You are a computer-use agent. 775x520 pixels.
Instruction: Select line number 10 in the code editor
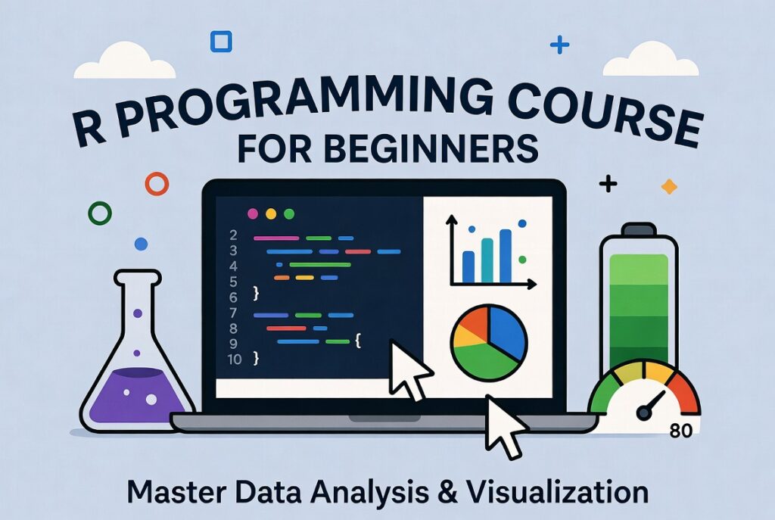click(x=234, y=359)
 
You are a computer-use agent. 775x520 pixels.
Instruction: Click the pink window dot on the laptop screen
click(x=253, y=213)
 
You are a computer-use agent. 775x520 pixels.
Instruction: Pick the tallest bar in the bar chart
click(x=505, y=255)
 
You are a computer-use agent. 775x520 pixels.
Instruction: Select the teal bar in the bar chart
click(x=487, y=260)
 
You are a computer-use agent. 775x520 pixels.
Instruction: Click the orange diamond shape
click(x=668, y=186)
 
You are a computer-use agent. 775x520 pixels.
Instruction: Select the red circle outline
click(x=157, y=183)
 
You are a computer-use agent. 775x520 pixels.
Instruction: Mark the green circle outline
click(x=100, y=213)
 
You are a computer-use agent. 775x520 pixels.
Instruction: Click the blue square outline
click(x=221, y=41)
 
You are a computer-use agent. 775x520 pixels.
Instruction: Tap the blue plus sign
click(x=559, y=45)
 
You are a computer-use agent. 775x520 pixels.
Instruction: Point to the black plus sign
click(x=607, y=183)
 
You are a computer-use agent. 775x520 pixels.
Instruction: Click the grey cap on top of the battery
click(x=638, y=229)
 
